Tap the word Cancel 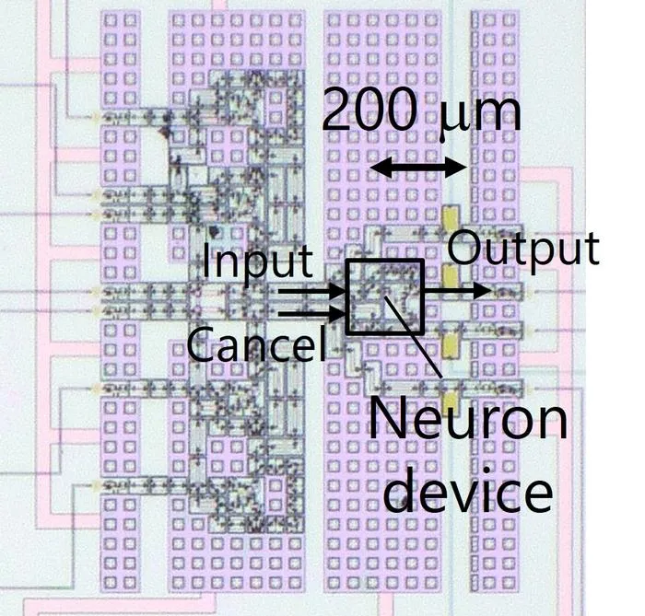pyautogui.click(x=257, y=343)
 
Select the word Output pyautogui.click(x=523, y=250)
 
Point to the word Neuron pyautogui.click(x=468, y=420)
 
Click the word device pyautogui.click(x=468, y=489)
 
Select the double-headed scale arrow pyautogui.click(x=418, y=168)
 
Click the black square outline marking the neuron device pyautogui.click(x=346, y=296)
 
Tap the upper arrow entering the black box pyautogui.click(x=311, y=292)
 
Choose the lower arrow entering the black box pyautogui.click(x=311, y=314)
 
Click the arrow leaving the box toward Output pyautogui.click(x=457, y=291)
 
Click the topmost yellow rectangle pyautogui.click(x=450, y=218)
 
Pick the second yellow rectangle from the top pyautogui.click(x=450, y=276)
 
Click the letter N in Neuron pyautogui.click(x=386, y=420)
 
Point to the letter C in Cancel pyautogui.click(x=202, y=343)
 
